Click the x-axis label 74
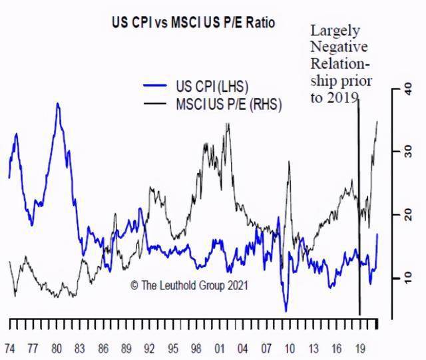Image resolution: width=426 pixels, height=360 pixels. tap(10, 348)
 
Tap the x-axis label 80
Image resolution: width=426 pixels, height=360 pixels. tap(56, 348)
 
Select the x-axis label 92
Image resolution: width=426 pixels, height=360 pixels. tap(149, 348)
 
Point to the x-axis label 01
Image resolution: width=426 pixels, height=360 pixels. tap(219, 348)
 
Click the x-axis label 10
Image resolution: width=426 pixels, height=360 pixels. tap(289, 348)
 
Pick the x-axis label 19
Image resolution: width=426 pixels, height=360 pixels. tap(359, 348)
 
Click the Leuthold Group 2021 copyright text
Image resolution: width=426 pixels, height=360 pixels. tap(189, 285)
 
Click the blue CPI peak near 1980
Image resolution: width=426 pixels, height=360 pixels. tap(58, 104)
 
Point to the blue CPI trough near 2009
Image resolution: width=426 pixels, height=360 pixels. tap(286, 310)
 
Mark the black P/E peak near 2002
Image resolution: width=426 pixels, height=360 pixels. tap(228, 124)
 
